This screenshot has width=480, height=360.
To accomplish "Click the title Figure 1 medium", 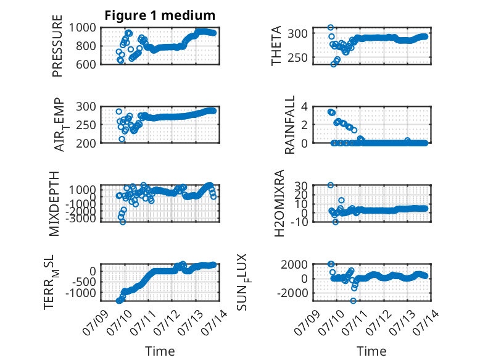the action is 160,15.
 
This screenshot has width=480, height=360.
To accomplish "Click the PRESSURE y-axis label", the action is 57,46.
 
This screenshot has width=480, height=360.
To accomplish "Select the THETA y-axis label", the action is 276,46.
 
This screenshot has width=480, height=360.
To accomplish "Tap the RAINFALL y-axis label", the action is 289,124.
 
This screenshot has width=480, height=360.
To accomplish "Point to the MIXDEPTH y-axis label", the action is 54,203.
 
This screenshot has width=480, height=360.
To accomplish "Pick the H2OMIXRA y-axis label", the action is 279,203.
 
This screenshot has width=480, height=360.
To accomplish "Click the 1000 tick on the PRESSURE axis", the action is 82,28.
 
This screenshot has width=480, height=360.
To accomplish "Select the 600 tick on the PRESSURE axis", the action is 86,64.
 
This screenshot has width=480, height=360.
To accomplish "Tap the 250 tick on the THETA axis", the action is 297,57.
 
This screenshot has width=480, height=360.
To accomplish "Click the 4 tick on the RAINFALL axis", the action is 304,107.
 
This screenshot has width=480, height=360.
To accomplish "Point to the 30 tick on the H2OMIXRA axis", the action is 301,185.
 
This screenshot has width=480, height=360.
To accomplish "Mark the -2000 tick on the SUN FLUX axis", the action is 292,293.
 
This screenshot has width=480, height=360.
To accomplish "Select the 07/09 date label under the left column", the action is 96,322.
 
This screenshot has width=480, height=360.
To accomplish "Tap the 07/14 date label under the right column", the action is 426,322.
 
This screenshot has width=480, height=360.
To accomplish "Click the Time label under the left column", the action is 160,351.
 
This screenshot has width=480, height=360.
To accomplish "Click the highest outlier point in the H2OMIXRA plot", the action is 331,185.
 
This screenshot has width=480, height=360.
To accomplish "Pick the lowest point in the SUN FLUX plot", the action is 354,301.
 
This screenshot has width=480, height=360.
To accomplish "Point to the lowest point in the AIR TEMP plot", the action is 122,139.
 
